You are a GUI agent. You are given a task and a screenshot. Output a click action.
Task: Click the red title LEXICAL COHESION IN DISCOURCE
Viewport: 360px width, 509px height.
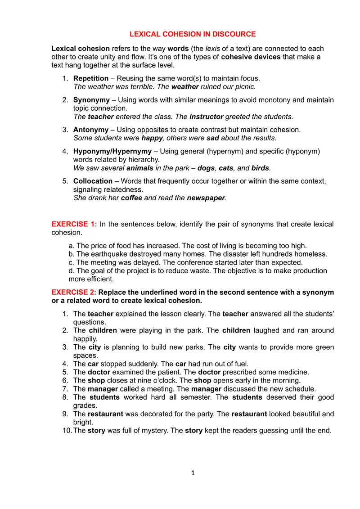(193, 34)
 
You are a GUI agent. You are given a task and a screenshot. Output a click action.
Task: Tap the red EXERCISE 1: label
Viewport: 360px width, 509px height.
(74, 224)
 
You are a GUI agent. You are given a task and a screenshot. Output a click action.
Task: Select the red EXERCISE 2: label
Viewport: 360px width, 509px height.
(74, 293)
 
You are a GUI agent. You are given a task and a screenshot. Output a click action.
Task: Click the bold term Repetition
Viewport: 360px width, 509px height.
(91, 78)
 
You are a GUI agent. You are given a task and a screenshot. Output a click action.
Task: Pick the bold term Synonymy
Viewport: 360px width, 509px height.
(91, 100)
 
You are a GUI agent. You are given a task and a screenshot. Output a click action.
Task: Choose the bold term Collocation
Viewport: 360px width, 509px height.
(93, 181)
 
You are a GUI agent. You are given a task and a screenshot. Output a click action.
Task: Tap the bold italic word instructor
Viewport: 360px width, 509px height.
(207, 117)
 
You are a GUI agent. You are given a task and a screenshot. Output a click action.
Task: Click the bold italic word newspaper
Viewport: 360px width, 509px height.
(206, 198)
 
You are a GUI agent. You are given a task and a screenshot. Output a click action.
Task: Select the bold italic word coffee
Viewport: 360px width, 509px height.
(132, 198)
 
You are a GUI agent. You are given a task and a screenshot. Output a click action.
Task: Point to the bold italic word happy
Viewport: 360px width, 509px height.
(152, 138)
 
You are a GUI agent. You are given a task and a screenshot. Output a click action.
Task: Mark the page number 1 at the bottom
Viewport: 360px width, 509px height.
(193, 473)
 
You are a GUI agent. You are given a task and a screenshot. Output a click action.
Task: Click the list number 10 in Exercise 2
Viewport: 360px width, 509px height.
(67, 430)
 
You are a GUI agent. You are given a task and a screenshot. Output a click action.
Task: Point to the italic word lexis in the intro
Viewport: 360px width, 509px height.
(213, 49)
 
